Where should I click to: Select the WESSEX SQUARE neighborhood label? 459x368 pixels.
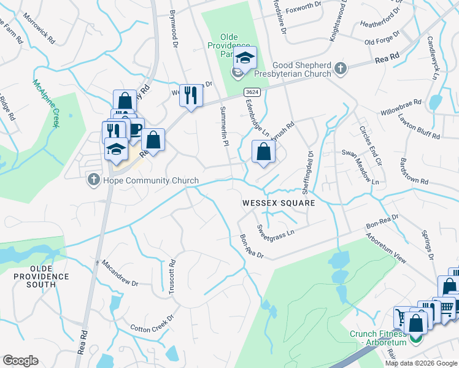point(278,202)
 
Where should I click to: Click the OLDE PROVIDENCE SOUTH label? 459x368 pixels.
point(42,277)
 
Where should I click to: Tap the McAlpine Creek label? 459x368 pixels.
point(46,103)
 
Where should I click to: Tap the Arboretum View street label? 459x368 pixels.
point(386,248)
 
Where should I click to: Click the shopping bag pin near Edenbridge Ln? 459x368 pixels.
point(263,151)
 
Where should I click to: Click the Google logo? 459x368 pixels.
point(20,361)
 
